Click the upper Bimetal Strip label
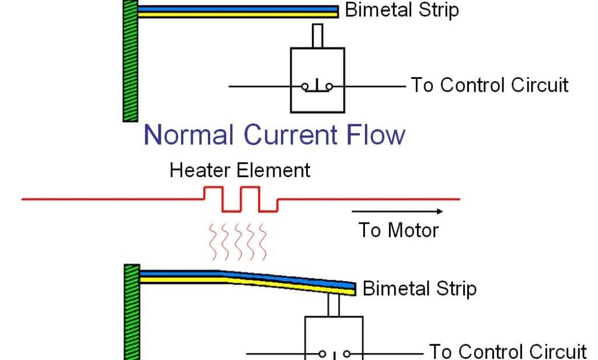[x=402, y=10]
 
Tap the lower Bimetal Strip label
[x=419, y=288]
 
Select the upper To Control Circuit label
[x=489, y=85]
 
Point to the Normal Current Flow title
[x=274, y=134]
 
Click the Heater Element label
[x=239, y=171]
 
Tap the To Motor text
[x=398, y=230]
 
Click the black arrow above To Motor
[x=397, y=212]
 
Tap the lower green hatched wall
[x=131, y=313]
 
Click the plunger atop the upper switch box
[x=317, y=36]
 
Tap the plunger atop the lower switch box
[x=333, y=305]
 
